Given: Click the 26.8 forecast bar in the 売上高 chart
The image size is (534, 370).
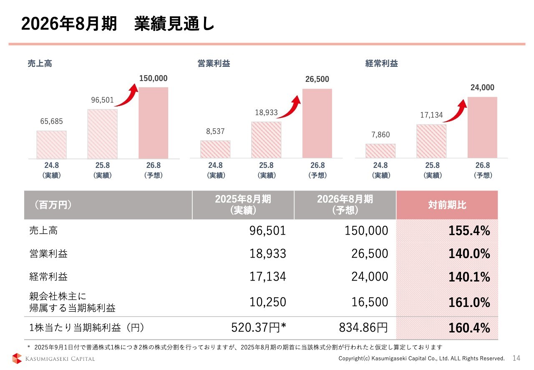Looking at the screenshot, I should tap(153, 123).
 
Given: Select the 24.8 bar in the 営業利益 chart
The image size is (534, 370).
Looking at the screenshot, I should tap(215, 149).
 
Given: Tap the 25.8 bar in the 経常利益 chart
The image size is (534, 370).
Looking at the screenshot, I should tap(431, 141).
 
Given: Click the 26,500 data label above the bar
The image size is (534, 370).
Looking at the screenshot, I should tap(317, 79).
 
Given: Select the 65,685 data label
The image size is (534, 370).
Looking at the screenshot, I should tap(51, 122).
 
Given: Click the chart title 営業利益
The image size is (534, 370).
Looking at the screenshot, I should tap(214, 63).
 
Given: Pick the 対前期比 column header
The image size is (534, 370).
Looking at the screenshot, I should tap(447, 205).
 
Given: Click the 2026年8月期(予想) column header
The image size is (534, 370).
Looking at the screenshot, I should tap(345, 205).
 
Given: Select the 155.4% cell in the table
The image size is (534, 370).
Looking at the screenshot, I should tap(469, 231).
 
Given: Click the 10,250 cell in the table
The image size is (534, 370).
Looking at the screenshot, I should tap(267, 302).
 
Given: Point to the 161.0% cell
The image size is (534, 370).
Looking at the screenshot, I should tap(469, 302).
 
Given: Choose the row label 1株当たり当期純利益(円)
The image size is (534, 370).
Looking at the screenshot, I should tap(87, 328).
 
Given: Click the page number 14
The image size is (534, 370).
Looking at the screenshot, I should tap(516, 358).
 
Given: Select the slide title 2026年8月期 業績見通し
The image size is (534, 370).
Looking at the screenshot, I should tap(118, 25).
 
